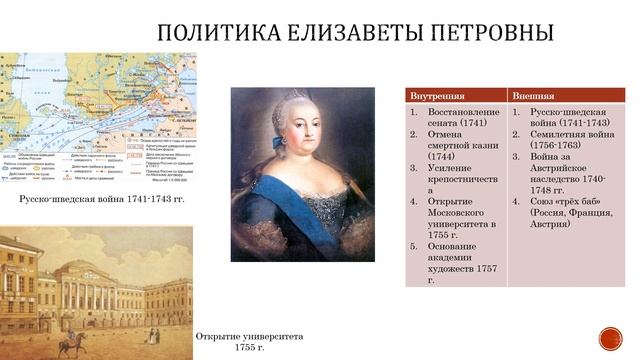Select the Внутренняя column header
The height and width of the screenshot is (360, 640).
click(x=437, y=95)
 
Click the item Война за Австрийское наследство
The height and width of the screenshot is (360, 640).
click(x=564, y=173)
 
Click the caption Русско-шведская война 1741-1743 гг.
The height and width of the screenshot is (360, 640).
click(x=103, y=200)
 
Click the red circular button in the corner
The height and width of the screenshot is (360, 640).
click(x=610, y=336)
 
